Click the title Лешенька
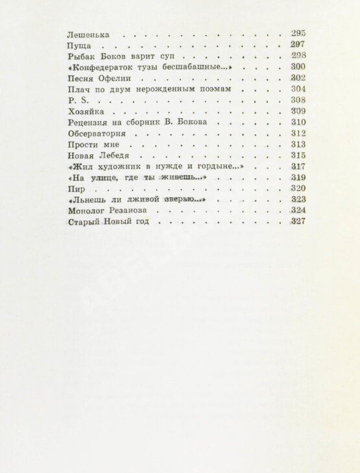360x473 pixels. (88, 34)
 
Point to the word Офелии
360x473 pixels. (117, 79)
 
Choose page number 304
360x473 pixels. (298, 90)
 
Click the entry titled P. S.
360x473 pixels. (76, 101)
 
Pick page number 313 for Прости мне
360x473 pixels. (298, 145)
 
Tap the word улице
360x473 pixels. (104, 178)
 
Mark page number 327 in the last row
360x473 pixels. (298, 222)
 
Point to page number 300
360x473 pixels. (298, 67)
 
